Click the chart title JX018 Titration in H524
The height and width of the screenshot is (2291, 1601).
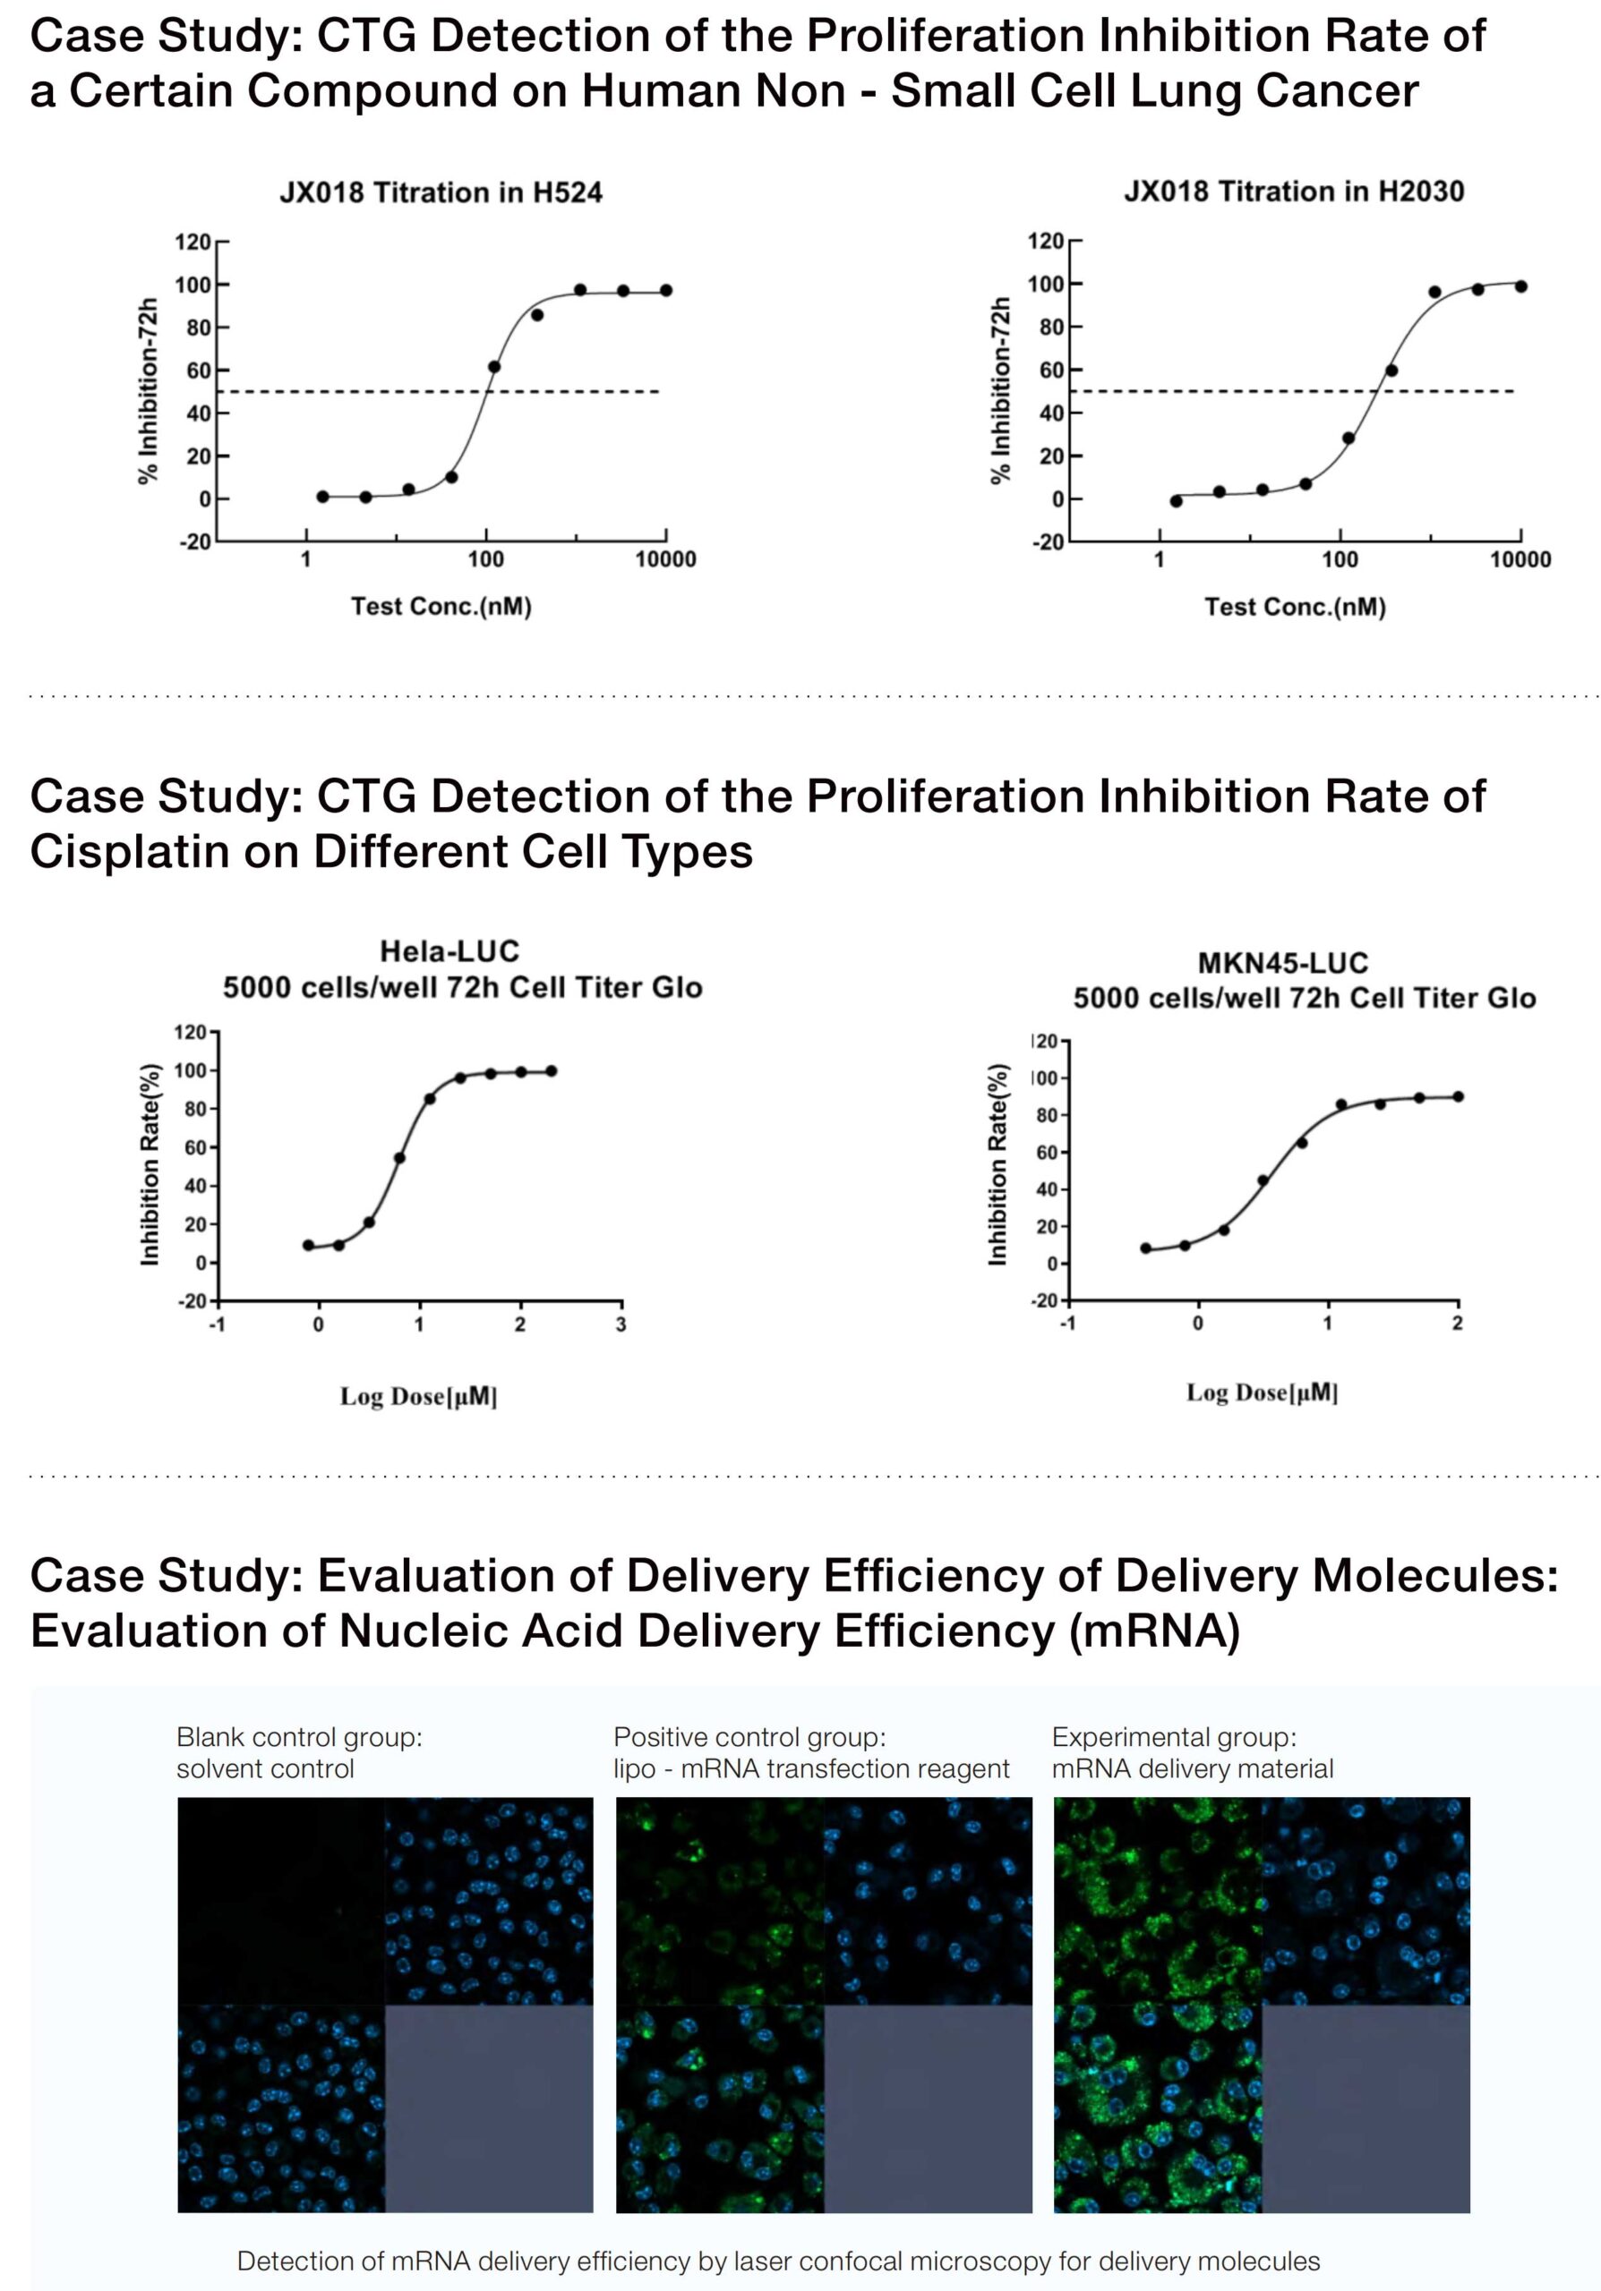click(441, 192)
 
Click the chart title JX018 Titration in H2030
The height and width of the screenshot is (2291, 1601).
click(1294, 191)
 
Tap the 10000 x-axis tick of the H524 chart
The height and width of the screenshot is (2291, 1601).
click(666, 560)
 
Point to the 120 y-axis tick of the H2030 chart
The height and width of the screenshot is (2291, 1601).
click(1045, 241)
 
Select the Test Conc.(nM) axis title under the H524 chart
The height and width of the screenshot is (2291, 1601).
click(441, 607)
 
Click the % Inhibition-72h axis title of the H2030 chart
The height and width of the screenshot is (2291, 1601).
click(999, 390)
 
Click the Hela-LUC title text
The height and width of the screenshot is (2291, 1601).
click(449, 951)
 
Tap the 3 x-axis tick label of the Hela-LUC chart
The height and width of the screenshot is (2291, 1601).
click(621, 1325)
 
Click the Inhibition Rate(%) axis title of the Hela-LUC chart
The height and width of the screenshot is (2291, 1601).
click(150, 1164)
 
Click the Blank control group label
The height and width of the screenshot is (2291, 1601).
click(298, 1737)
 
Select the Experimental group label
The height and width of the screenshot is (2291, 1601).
click(1174, 1737)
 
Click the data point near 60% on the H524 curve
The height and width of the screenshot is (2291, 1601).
click(493, 367)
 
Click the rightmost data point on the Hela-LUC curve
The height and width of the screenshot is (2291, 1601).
click(551, 1070)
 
